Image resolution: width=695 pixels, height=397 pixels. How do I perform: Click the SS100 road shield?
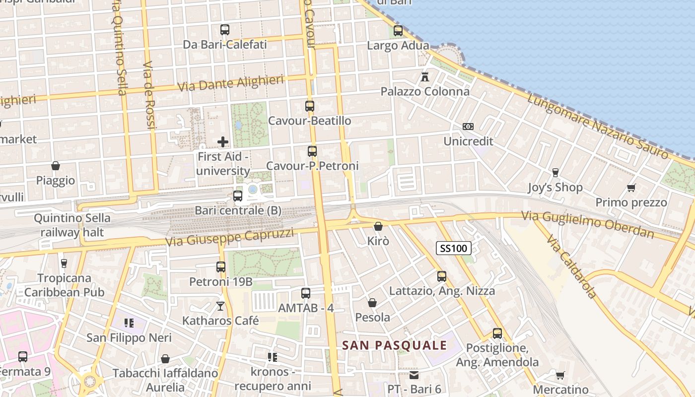(x=454, y=248)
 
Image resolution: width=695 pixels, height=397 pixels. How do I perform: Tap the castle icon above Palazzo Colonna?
(x=424, y=76)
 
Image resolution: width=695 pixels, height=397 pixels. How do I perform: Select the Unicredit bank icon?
(x=468, y=127)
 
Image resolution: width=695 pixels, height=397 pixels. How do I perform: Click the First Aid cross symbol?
(x=223, y=142)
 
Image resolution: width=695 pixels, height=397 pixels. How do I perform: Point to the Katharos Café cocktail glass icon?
(x=220, y=306)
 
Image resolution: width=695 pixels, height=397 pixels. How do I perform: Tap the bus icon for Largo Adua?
(x=398, y=31)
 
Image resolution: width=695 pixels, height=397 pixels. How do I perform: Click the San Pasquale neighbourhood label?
(x=395, y=345)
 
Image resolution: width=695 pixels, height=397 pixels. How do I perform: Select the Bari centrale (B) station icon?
(x=238, y=196)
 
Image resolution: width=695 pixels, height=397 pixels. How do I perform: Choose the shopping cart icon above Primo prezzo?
(x=631, y=188)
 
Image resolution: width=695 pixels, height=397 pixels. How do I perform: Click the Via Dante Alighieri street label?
(x=231, y=83)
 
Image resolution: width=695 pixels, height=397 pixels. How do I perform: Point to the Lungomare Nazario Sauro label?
(x=598, y=126)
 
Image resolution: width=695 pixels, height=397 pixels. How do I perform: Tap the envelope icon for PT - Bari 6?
(x=414, y=375)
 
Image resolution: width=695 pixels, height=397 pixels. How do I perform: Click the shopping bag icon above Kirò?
(x=378, y=226)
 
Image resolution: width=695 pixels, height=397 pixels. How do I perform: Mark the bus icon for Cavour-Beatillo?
(x=310, y=106)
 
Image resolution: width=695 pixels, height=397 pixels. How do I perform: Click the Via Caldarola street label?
(x=572, y=267)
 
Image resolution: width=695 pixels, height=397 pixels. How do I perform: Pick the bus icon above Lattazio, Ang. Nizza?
(x=442, y=276)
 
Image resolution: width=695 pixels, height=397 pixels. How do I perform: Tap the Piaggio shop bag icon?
(x=56, y=166)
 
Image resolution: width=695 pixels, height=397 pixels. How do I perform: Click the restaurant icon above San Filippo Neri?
(x=129, y=323)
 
